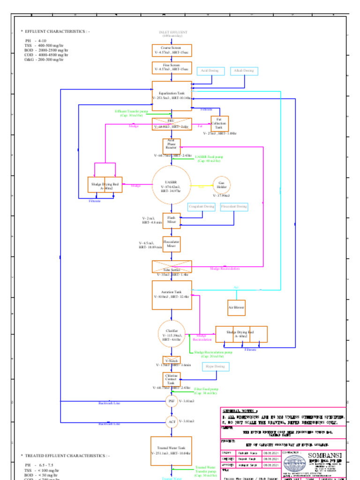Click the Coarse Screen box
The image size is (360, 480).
pos(172,50)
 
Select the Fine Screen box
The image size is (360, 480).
pos(172,67)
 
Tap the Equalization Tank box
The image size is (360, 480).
pos(172,96)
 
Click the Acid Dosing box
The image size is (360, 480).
pos(210,71)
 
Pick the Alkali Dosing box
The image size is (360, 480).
pos(244,71)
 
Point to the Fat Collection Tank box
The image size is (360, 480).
pos(219,124)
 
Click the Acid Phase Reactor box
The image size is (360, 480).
pos(172,146)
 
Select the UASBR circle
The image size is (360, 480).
pos(172,185)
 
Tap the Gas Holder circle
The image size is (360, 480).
pos(222,185)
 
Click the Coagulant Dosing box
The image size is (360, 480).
pos(202,206)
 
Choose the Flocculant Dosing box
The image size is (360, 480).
pos(234,206)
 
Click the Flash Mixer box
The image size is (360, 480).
pos(172,220)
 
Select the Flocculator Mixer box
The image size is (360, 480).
pos(172,244)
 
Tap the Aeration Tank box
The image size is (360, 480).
pos(172,295)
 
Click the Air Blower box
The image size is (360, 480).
pos(237,308)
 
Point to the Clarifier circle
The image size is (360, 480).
pos(172,334)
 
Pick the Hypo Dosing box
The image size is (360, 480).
pos(216,366)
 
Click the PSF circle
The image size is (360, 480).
pos(172,401)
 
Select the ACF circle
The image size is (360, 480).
pos(172,422)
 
